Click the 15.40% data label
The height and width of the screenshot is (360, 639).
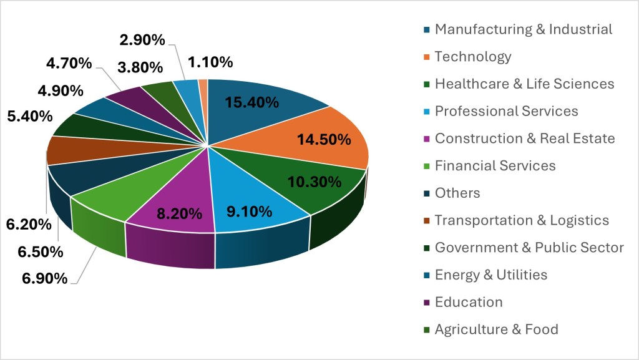pyautogui.click(x=251, y=103)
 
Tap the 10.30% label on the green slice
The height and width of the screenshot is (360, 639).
pyautogui.click(x=314, y=183)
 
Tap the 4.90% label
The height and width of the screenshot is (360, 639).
pyautogui.click(x=60, y=90)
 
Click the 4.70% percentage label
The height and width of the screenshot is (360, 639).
pyautogui.click(x=69, y=63)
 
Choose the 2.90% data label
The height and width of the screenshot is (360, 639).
pyautogui.click(x=142, y=41)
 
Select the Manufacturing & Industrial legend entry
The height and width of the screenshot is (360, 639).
pyautogui.click(x=523, y=29)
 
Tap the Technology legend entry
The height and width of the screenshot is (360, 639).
pyautogui.click(x=472, y=57)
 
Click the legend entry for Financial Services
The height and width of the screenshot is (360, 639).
pyautogui.click(x=494, y=166)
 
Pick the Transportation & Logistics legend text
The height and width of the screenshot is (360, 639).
pyautogui.click(x=521, y=220)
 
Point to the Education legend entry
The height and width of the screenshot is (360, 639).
pyautogui.click(x=468, y=302)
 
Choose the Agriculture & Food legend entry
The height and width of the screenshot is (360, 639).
pyautogui.click(x=496, y=329)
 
